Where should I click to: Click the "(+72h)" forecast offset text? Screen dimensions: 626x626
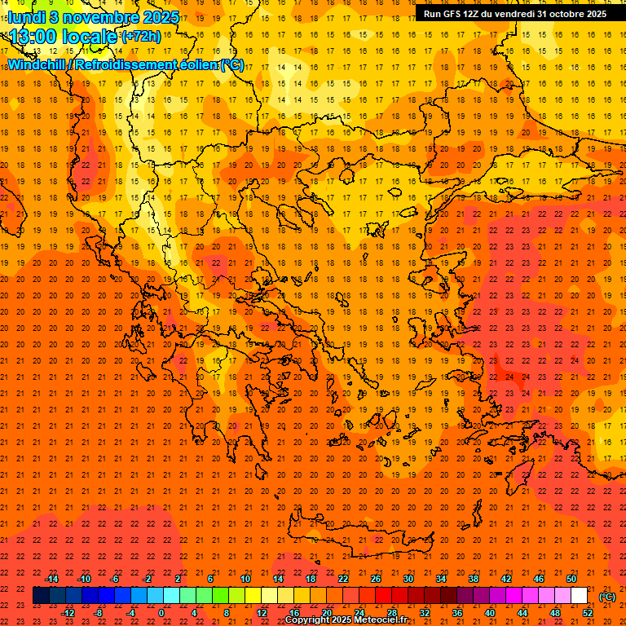click(141, 37)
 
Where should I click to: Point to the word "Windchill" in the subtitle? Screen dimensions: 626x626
click(37, 64)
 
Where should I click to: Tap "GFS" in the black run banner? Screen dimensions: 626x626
click(453, 14)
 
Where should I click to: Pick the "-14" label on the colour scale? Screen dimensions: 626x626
click(51, 579)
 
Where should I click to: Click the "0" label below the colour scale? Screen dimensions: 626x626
click(161, 613)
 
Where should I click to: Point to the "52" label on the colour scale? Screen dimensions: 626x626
click(587, 613)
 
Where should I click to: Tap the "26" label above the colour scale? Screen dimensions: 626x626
click(375, 579)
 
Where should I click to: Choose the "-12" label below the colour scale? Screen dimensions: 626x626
click(68, 613)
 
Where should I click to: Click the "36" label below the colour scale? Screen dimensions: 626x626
click(456, 613)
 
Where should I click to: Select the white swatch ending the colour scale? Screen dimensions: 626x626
click(579, 596)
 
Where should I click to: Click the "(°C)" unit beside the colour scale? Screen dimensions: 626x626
click(607, 597)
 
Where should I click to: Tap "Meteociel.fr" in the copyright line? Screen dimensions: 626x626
click(381, 620)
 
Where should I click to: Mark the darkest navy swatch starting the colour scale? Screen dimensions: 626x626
click(41, 596)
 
